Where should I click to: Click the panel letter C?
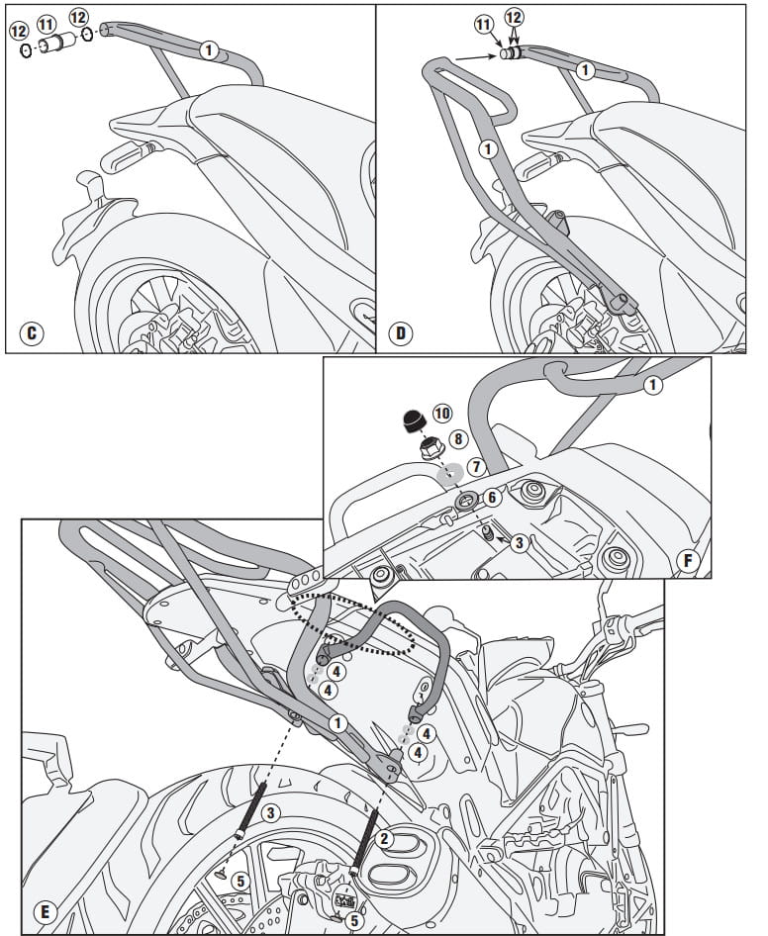(x=32, y=332)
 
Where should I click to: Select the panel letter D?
(x=401, y=332)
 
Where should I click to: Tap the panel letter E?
(x=45, y=911)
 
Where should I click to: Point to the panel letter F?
(x=688, y=561)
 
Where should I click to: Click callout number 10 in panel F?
(x=442, y=413)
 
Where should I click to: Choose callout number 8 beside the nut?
(x=458, y=439)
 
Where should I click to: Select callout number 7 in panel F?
(x=476, y=466)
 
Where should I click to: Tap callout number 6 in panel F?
(x=492, y=498)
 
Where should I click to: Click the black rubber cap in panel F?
(x=414, y=421)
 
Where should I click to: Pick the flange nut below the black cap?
(x=432, y=448)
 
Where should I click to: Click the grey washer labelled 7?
(x=450, y=474)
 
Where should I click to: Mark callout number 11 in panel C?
(x=46, y=25)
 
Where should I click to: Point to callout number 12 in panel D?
(x=514, y=17)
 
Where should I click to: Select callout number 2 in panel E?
(x=384, y=839)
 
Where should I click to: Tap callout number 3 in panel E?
(x=270, y=812)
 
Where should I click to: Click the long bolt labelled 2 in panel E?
(x=365, y=842)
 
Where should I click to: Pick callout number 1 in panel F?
(x=653, y=385)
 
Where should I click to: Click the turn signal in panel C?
(x=127, y=154)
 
